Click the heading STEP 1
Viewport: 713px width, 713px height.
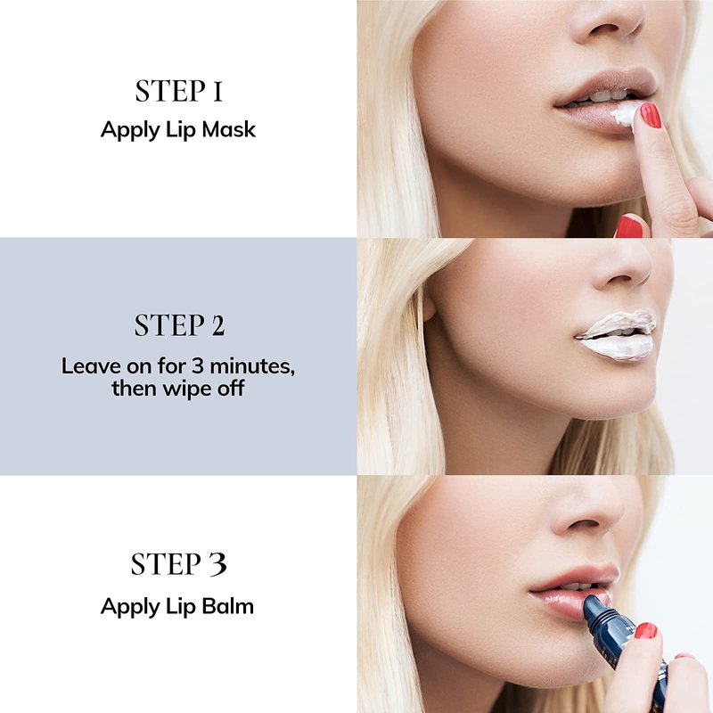(x=179, y=91)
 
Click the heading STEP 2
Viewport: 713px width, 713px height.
(x=180, y=325)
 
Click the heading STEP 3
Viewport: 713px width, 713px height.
(x=179, y=564)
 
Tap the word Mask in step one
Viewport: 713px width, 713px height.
(x=229, y=129)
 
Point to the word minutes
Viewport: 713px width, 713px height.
(x=252, y=366)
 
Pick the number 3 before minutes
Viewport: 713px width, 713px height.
(x=197, y=366)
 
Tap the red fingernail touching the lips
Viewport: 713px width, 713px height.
(x=651, y=115)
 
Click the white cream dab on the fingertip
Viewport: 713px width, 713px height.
(x=624, y=115)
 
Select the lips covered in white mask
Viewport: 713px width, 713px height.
(x=616, y=336)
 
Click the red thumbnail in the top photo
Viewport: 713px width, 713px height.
(x=629, y=226)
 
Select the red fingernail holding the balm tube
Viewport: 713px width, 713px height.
(x=645, y=631)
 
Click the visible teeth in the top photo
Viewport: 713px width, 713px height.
(x=600, y=97)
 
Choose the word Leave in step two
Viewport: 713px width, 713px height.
(x=91, y=366)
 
